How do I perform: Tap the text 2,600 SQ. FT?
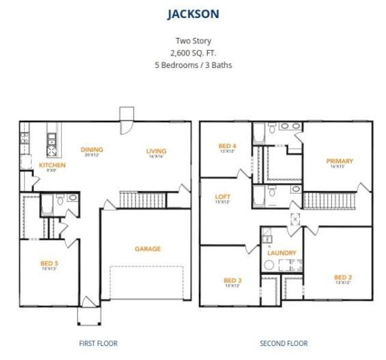pyautogui.click(x=192, y=53)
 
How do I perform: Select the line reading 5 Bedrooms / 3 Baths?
pyautogui.click(x=192, y=65)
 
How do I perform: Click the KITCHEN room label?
pyautogui.click(x=52, y=165)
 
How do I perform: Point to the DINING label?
pyautogui.click(x=92, y=149)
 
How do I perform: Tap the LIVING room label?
pyautogui.click(x=156, y=151)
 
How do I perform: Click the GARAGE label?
pyautogui.click(x=147, y=249)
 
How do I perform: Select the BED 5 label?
pyautogui.click(x=49, y=263)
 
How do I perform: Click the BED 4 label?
pyautogui.click(x=227, y=146)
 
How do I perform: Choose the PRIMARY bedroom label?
pyautogui.click(x=339, y=161)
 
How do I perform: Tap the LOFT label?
pyautogui.click(x=222, y=197)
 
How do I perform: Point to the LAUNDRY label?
pyautogui.click(x=282, y=253)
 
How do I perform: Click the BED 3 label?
pyautogui.click(x=232, y=280)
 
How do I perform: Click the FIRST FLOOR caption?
pyautogui.click(x=98, y=343)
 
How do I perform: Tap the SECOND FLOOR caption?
pyautogui.click(x=284, y=343)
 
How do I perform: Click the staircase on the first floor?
pyautogui.click(x=142, y=200)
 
